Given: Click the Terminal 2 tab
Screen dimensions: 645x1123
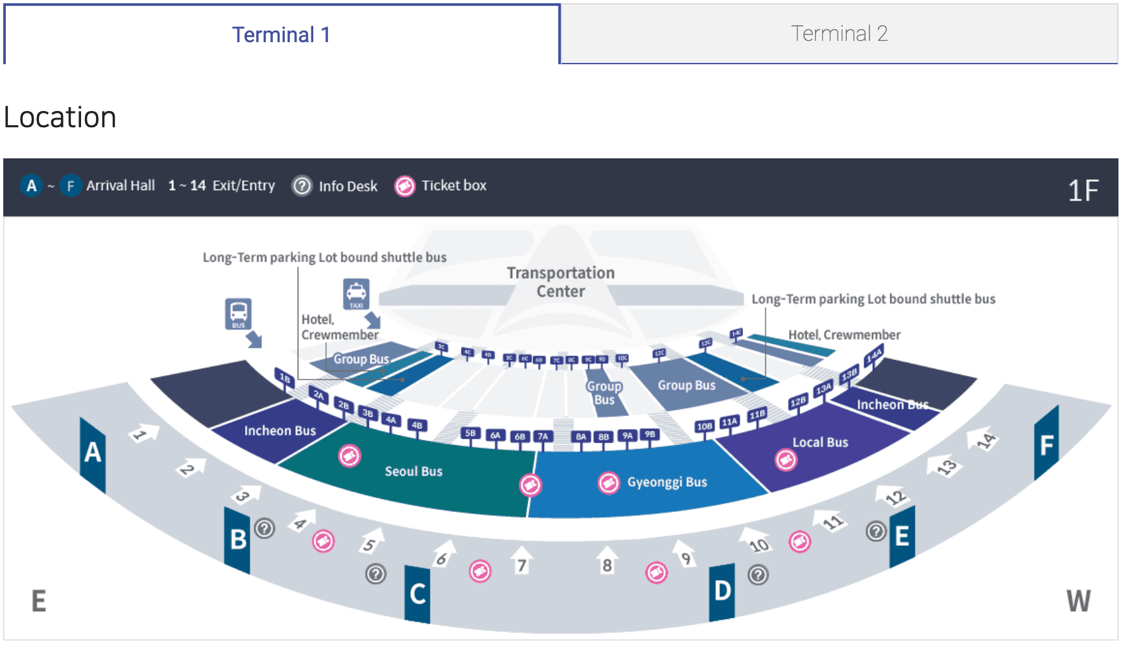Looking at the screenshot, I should pyautogui.click(x=839, y=34).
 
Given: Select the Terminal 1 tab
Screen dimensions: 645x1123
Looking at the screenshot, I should pyautogui.click(x=281, y=34).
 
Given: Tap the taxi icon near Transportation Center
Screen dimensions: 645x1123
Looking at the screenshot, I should pyautogui.click(x=356, y=293).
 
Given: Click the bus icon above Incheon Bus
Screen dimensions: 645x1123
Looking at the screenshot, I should pyautogui.click(x=238, y=314).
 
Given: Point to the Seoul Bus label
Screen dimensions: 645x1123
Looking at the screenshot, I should pyautogui.click(x=414, y=472).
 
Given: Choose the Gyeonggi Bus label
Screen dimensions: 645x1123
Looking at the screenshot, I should pyautogui.click(x=667, y=482).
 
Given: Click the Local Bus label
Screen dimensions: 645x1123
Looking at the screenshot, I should pyautogui.click(x=820, y=443).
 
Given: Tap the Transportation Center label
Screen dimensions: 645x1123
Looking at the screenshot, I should pyautogui.click(x=561, y=282).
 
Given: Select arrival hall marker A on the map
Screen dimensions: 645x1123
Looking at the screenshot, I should pyautogui.click(x=92, y=452).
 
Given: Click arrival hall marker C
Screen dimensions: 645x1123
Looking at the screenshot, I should pyautogui.click(x=418, y=594).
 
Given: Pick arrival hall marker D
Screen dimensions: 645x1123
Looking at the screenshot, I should pyautogui.click(x=722, y=591).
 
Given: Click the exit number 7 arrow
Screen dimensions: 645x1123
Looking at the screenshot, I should pyautogui.click(x=521, y=561).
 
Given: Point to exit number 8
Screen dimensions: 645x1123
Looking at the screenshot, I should pyautogui.click(x=607, y=561).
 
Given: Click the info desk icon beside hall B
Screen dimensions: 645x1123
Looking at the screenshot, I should pyautogui.click(x=265, y=529).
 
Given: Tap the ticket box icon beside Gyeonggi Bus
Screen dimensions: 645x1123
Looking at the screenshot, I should pyautogui.click(x=608, y=483).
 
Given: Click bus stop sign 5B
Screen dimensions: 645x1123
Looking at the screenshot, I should pyautogui.click(x=470, y=433).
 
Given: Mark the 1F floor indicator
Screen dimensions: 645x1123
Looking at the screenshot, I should pyautogui.click(x=1083, y=191).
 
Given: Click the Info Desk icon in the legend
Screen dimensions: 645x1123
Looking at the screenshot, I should pyautogui.click(x=301, y=186).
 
